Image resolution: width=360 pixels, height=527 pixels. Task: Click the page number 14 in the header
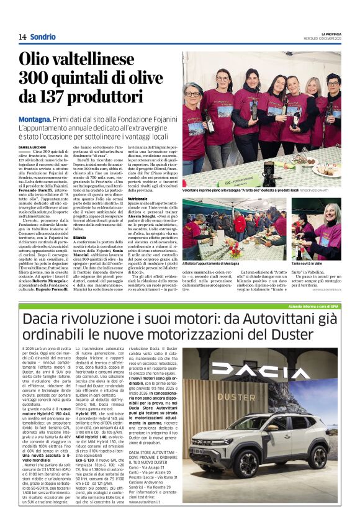coord(22,37)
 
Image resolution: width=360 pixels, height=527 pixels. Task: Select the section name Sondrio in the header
coord(42,37)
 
